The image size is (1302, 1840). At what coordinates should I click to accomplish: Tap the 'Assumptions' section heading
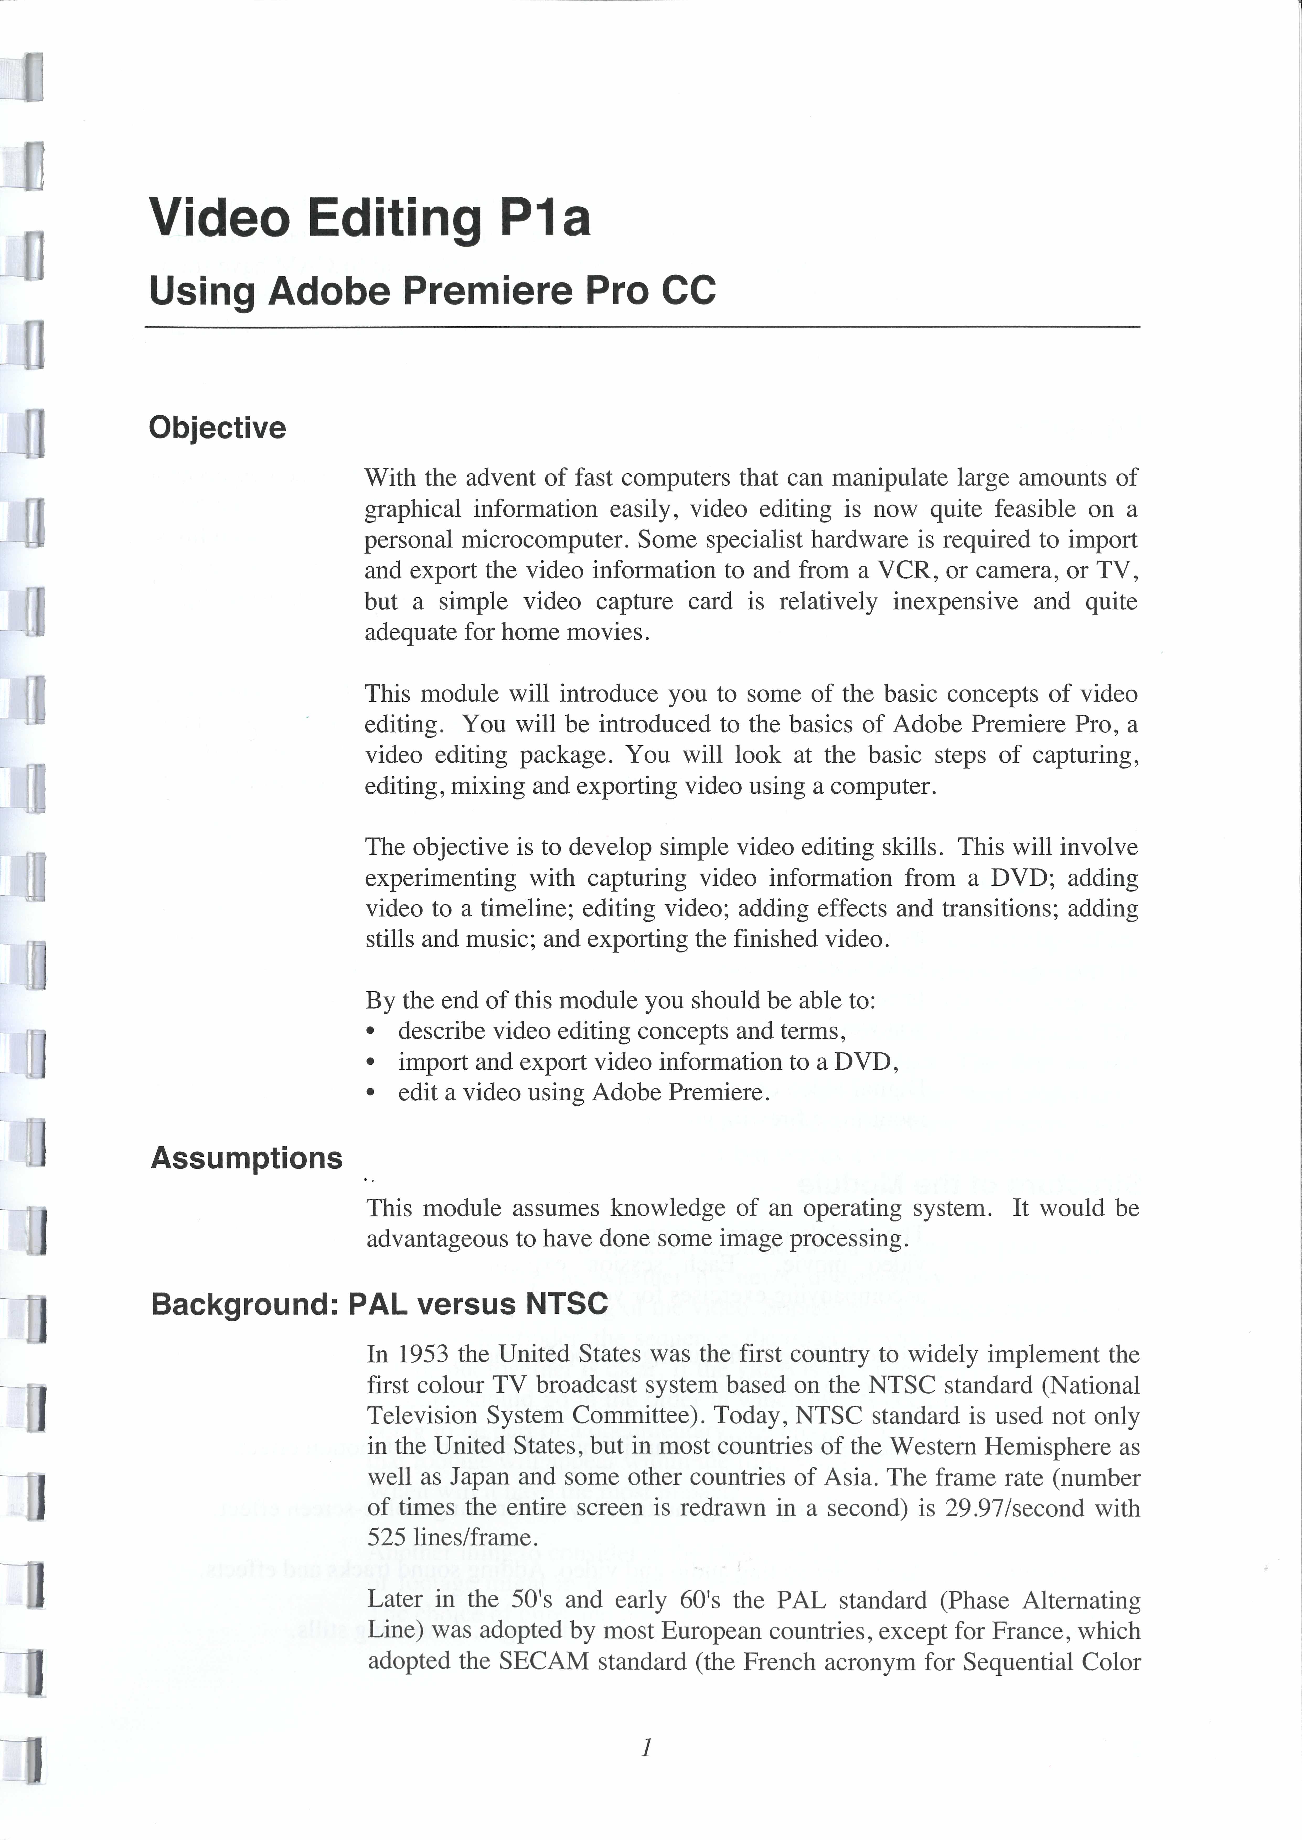point(246,1158)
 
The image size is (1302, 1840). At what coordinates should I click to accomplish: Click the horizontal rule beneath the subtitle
point(641,327)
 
